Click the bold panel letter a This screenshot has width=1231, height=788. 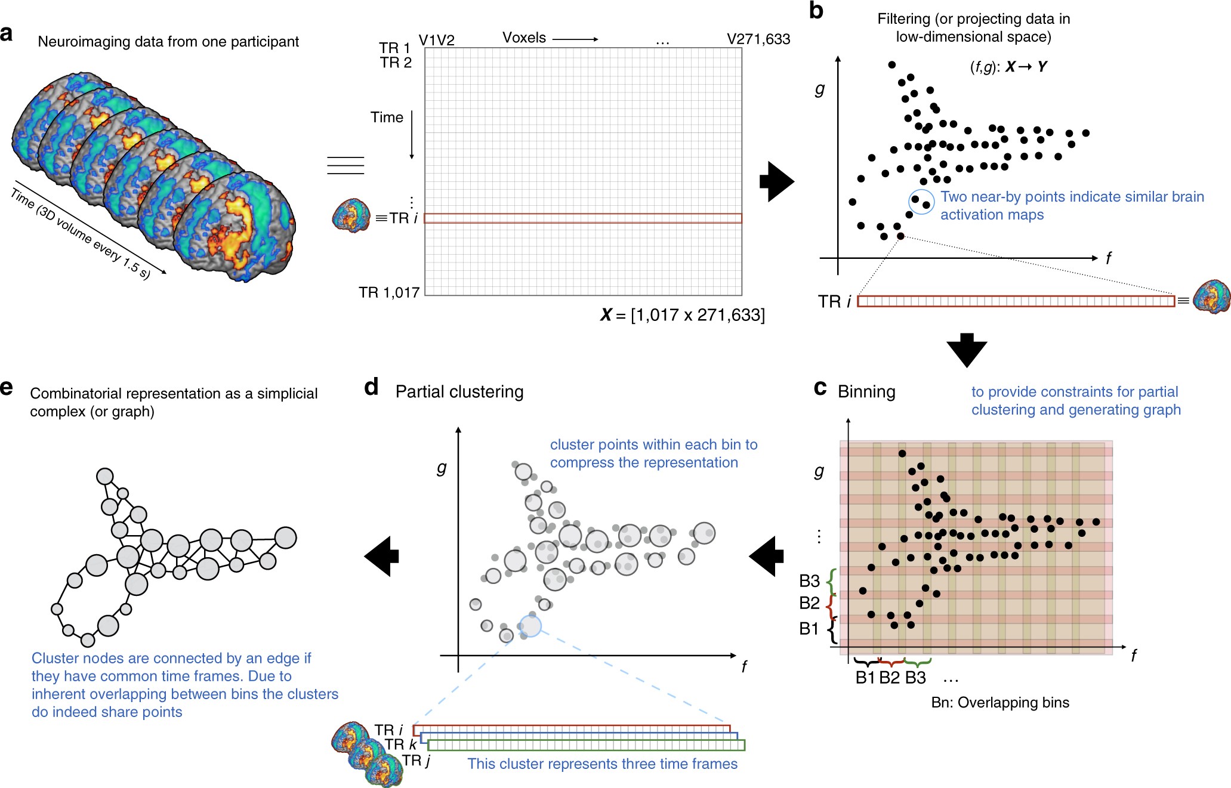[x=7, y=33]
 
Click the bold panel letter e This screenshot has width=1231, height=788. [x=7, y=388]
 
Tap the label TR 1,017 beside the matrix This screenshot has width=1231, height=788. [x=388, y=292]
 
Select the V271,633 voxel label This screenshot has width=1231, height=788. [x=758, y=39]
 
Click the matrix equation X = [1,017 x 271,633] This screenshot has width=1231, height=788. [x=682, y=314]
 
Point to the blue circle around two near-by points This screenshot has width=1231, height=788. [x=921, y=202]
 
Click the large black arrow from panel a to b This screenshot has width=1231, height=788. [x=776, y=181]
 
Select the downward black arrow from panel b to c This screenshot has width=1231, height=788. [x=966, y=350]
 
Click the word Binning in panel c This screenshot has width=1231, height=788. [x=866, y=392]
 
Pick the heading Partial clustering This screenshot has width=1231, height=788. [x=459, y=392]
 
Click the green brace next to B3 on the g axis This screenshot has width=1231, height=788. [x=831, y=581]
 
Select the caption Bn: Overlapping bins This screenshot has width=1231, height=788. [x=999, y=703]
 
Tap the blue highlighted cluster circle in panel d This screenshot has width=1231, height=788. [x=530, y=626]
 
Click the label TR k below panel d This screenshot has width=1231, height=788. [x=400, y=744]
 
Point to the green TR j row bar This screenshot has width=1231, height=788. [x=586, y=745]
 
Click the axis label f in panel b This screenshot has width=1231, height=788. [x=1108, y=258]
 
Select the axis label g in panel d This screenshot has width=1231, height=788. [x=441, y=468]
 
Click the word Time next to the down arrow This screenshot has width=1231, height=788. [x=387, y=118]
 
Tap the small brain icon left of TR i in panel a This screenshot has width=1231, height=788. [x=351, y=215]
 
